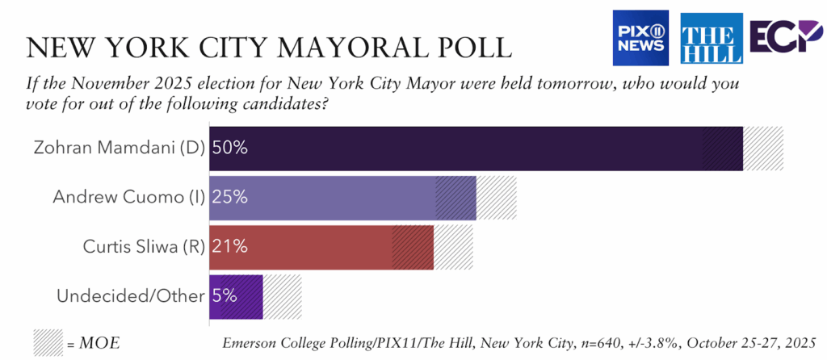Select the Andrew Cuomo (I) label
click(128, 196)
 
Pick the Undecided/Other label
click(129, 296)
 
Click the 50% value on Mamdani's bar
click(229, 149)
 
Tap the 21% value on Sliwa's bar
click(229, 247)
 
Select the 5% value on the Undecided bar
click(225, 296)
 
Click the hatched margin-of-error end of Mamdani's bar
click(762, 149)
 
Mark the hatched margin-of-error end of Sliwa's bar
click(453, 247)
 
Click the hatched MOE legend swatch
click(47, 342)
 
